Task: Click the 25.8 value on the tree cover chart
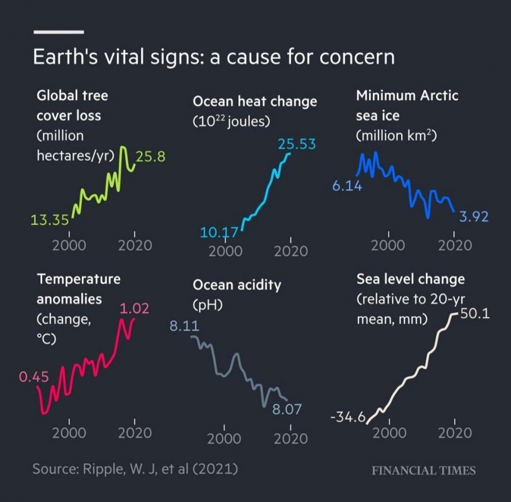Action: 151,156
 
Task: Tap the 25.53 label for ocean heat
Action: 296,144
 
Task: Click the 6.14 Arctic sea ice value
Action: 347,186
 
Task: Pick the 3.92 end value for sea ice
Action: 474,216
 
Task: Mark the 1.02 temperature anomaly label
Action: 134,308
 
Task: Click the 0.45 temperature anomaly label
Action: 34,378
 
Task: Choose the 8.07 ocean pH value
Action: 286,410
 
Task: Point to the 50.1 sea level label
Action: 475,314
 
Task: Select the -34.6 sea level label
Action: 347,417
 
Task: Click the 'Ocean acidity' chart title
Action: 237,285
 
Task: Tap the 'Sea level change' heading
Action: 410,278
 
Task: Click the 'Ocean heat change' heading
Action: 255,102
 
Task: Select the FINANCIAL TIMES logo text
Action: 424,470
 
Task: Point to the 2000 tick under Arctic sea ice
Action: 389,245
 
